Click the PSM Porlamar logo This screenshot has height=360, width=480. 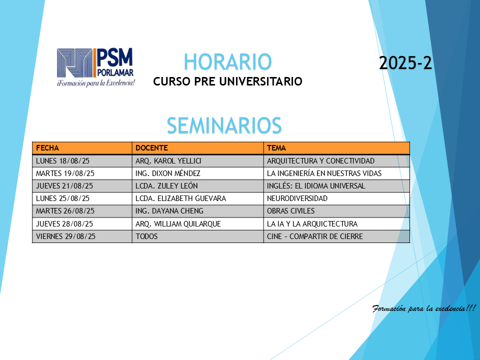point(95,67)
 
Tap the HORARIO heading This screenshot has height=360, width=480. point(227,62)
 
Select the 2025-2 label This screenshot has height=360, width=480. point(405,63)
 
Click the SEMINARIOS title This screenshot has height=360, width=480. point(224,125)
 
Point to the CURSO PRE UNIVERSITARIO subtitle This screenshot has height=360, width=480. point(227,81)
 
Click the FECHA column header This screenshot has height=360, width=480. point(47,148)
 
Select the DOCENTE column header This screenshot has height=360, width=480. point(151,148)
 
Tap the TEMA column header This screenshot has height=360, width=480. point(276,148)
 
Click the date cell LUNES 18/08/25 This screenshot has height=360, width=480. point(63,160)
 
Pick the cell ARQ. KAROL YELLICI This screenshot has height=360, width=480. point(168,160)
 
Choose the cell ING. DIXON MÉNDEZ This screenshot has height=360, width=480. point(168,173)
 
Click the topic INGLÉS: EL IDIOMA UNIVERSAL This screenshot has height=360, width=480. point(316,186)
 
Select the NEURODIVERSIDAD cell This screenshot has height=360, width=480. point(297,198)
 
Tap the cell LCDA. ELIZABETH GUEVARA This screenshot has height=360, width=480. point(180,198)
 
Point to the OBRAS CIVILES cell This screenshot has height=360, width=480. point(290,211)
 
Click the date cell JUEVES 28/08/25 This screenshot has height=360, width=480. point(64,224)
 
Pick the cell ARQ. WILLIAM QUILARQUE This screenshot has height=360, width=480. point(178,224)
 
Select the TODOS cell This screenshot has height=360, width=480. point(146,236)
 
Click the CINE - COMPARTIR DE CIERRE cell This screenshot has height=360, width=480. point(314,236)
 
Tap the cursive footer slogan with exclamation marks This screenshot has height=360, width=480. point(424,308)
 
